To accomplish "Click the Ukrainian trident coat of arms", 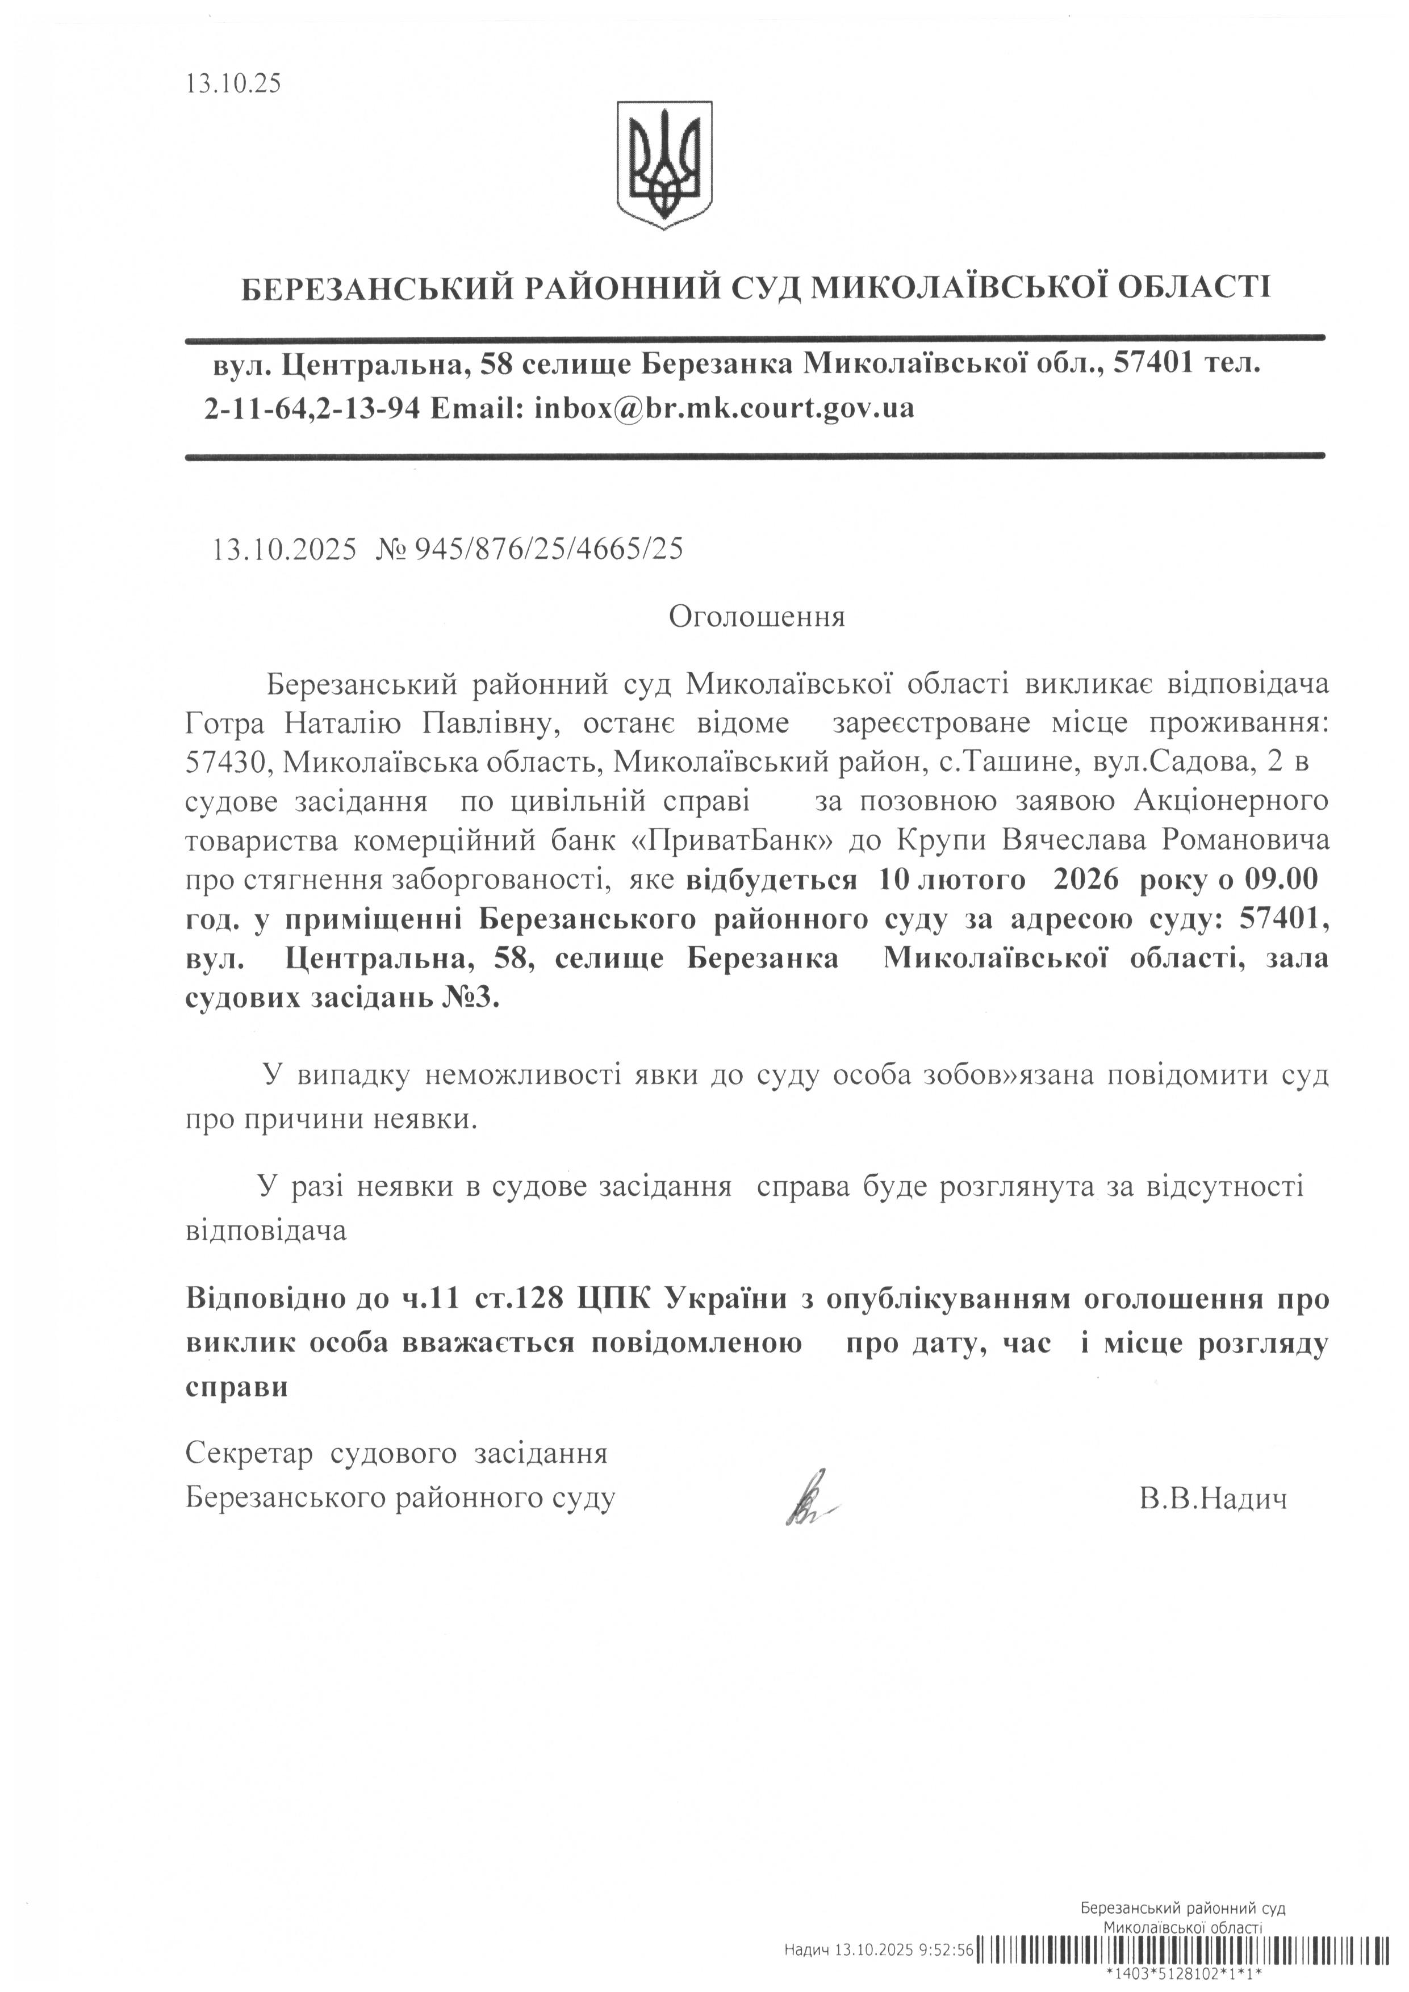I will tap(664, 165).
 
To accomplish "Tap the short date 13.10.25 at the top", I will tap(232, 83).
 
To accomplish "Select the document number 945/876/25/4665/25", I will tap(549, 549).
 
